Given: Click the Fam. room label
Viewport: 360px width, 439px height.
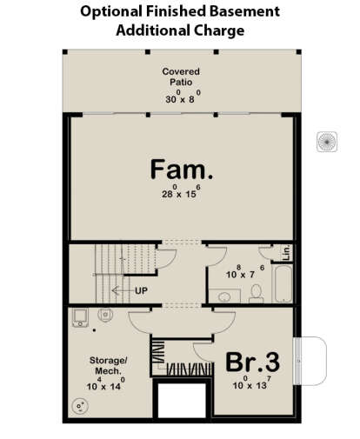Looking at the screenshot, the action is (x=182, y=170).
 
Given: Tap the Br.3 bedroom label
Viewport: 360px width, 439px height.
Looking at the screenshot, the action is (x=253, y=362).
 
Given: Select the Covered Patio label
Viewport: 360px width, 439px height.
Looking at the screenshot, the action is (x=181, y=76).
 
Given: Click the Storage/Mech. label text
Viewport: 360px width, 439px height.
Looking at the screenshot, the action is (x=108, y=366).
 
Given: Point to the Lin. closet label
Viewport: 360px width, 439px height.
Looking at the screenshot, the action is (x=286, y=252).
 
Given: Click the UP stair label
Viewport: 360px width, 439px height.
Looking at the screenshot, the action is (x=141, y=290).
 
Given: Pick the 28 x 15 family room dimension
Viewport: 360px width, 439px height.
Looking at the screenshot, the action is (x=181, y=191).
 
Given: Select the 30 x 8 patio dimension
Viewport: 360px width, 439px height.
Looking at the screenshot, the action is (x=183, y=96).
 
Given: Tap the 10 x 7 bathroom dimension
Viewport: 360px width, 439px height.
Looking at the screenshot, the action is (x=245, y=271).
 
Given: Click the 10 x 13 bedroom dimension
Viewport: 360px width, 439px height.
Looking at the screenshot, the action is (x=252, y=382).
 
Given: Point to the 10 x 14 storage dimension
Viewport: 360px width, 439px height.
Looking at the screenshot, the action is (x=106, y=383).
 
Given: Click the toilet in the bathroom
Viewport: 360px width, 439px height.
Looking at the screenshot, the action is (x=257, y=294).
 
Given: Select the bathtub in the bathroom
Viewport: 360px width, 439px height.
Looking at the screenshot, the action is (x=283, y=283).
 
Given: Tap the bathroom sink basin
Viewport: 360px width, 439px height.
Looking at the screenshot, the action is (x=224, y=296).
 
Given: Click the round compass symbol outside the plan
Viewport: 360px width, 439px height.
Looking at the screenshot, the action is (x=327, y=142).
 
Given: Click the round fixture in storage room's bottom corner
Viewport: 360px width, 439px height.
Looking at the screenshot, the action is (x=80, y=406).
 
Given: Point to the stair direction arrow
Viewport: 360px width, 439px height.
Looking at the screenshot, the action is (x=123, y=290).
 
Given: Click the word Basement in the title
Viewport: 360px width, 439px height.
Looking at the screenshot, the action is (x=244, y=11).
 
